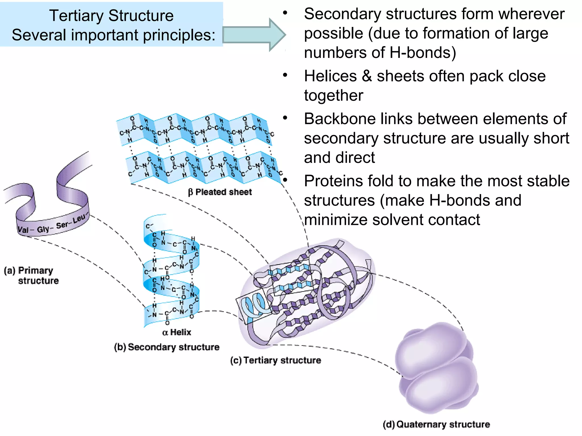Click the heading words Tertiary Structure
[111, 15]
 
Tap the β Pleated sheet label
[220, 192]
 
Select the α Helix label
[177, 332]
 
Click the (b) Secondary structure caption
[167, 347]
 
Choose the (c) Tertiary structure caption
[276, 360]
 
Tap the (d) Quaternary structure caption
[436, 424]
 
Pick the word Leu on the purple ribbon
[79, 219]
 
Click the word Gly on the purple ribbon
[43, 229]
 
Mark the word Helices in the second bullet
[330, 76]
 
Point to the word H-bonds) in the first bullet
[423, 53]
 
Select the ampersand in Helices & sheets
[367, 76]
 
